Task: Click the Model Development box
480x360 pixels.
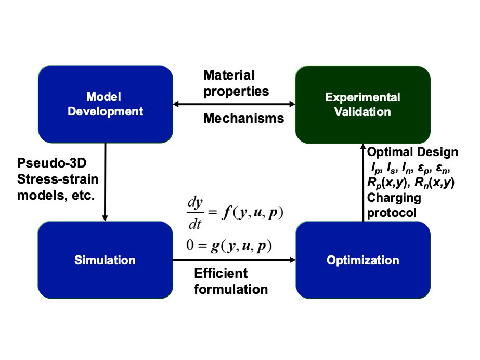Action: point(106,104)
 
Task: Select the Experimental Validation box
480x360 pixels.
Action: point(362,104)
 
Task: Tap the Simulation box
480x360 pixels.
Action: point(106,260)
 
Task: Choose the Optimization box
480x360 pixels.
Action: point(362,260)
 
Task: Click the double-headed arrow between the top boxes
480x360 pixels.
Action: point(234,105)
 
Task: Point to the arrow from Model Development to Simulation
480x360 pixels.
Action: point(106,182)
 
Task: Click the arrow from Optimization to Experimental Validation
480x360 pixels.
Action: point(362,182)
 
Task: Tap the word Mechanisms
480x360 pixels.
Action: point(243,119)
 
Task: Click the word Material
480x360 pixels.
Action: point(229,75)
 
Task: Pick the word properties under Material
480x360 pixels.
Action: point(236,91)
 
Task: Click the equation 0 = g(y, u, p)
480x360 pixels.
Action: point(229,245)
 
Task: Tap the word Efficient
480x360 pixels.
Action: point(220,274)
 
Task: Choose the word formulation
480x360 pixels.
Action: point(230,289)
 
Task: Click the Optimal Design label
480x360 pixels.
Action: point(412,152)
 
